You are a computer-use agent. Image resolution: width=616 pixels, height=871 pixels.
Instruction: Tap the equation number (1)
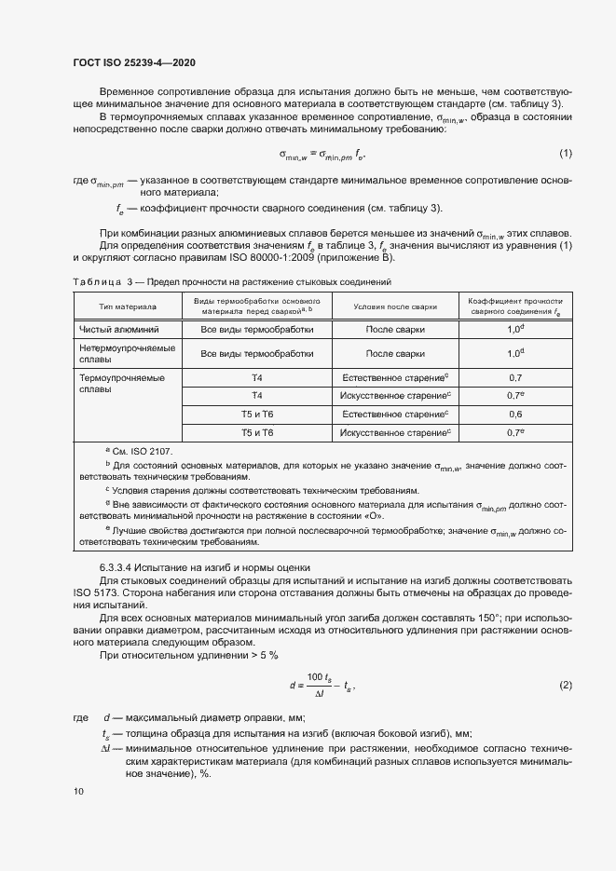[x=565, y=153]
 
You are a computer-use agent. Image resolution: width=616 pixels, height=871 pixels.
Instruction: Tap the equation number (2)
[x=565, y=686]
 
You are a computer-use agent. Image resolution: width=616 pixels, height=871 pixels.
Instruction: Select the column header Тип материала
[x=128, y=306]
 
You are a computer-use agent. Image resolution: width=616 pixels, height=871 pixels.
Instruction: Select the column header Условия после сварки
[x=395, y=306]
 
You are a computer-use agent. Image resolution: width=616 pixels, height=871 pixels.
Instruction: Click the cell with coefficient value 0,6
[x=515, y=414]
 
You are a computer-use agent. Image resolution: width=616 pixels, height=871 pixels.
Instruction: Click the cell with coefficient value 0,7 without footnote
[x=515, y=378]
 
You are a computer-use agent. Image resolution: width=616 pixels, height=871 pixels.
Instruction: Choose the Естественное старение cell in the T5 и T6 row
[x=395, y=414]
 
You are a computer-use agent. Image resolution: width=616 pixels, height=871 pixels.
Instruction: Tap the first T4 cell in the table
[x=257, y=378]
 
